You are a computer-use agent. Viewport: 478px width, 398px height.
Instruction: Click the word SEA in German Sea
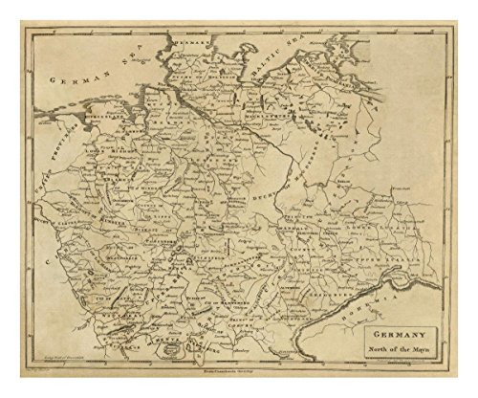[115, 61]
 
